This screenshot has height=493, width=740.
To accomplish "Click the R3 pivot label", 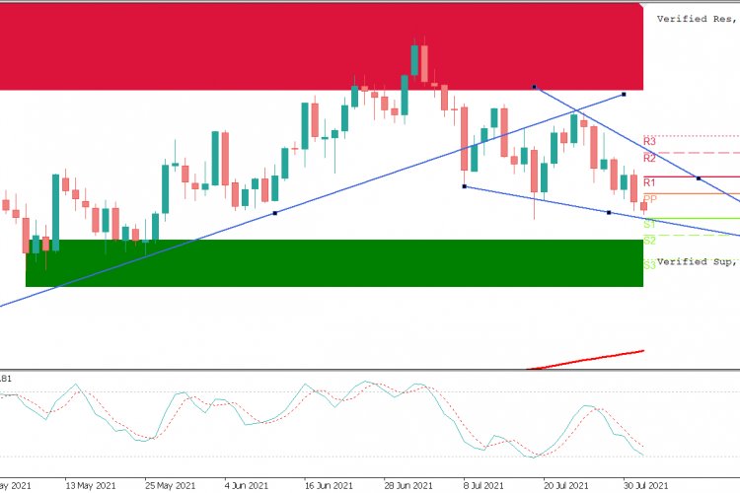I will pyautogui.click(x=649, y=141).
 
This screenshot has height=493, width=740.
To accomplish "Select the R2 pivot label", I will pyautogui.click(x=649, y=158).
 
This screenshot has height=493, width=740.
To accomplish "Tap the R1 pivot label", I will pyautogui.click(x=649, y=182).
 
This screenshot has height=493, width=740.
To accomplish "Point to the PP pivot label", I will pyautogui.click(x=649, y=199).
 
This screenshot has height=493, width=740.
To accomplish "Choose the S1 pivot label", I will pyautogui.click(x=649, y=224).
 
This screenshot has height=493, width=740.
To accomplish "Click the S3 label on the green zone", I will pyautogui.click(x=649, y=264).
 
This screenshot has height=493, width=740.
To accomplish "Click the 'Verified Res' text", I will pyautogui.click(x=697, y=18).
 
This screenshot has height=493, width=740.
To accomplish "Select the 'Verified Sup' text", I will pyautogui.click(x=697, y=261).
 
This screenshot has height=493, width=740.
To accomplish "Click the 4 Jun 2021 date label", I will pyautogui.click(x=247, y=485).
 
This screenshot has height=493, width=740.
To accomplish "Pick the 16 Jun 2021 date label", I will pyautogui.click(x=329, y=485).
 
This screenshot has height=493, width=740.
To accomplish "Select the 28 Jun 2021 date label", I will pyautogui.click(x=407, y=485).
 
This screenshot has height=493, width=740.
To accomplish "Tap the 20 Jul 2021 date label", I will pyautogui.click(x=567, y=485).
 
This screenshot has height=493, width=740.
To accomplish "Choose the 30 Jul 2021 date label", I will pyautogui.click(x=646, y=485).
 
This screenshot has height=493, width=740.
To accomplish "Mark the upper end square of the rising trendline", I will pyautogui.click(x=625, y=95).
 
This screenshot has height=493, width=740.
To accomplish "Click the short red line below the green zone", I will pyautogui.click(x=588, y=359).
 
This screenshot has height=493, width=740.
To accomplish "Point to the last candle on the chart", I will pyautogui.click(x=643, y=205).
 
